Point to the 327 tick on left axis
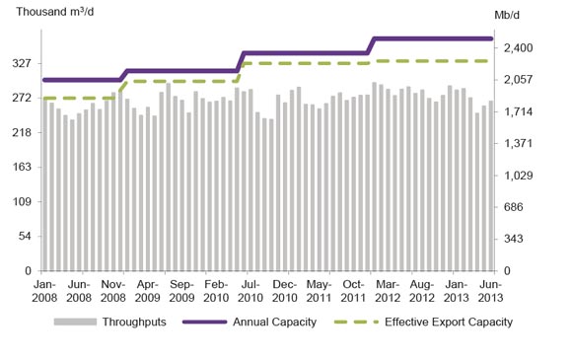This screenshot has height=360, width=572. (22, 63)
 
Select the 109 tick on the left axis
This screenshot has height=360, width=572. (22, 201)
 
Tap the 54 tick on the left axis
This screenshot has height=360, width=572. (25, 236)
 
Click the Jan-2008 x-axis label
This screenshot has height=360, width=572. (44, 290)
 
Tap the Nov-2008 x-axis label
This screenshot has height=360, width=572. (112, 290)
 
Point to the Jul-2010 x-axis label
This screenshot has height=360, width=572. (251, 290)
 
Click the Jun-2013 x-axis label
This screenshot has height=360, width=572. (492, 290)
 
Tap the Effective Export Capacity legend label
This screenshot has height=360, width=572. (449, 322)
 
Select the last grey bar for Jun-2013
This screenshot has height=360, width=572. (491, 185)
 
